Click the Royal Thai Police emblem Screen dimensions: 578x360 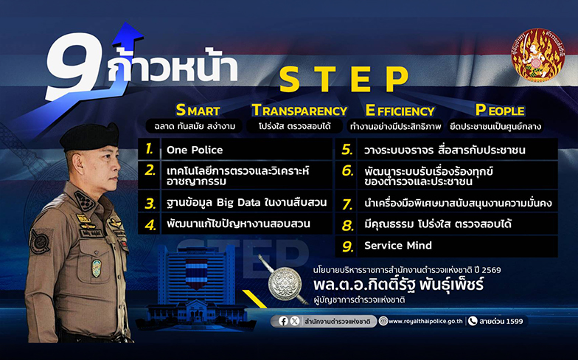(x=537, y=55)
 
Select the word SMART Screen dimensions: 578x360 (x=198, y=111)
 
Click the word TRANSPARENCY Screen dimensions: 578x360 (x=299, y=111)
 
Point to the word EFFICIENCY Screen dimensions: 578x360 (x=400, y=111)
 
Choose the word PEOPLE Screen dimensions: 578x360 (x=500, y=110)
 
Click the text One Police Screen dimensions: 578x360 (x=195, y=150)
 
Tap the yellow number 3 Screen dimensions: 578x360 (x=150, y=204)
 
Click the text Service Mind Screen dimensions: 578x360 (x=398, y=246)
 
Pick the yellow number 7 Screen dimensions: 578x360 (x=347, y=204)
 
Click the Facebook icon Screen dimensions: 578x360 (x=283, y=322)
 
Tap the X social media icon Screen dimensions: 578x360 (x=295, y=322)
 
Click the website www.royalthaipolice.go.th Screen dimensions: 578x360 (x=425, y=322)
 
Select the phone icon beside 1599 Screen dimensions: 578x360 (x=472, y=322)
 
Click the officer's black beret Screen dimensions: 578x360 (x=90, y=136)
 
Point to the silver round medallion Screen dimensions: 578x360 (x=285, y=283)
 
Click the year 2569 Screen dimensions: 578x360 (x=490, y=270)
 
